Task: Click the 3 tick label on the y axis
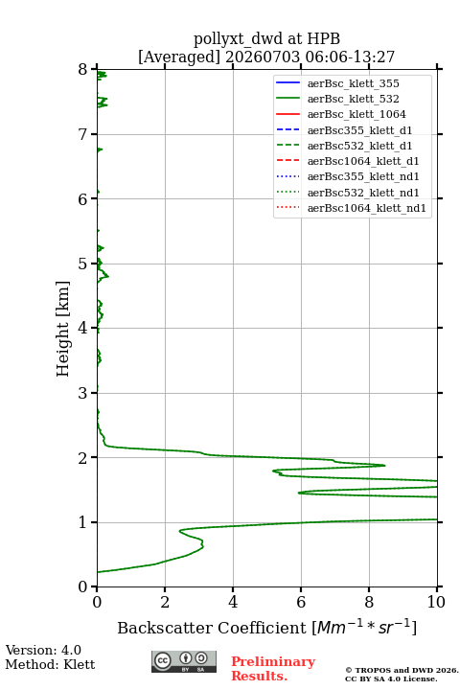[x=83, y=393]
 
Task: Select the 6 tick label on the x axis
[x=301, y=602]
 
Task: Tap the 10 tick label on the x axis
[x=436, y=602]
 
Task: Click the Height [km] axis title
[x=63, y=329]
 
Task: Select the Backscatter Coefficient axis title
[x=266, y=628]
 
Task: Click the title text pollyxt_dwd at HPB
[x=266, y=38]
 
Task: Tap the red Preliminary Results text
[x=273, y=669]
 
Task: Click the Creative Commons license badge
[x=184, y=662]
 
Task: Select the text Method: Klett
[x=50, y=664]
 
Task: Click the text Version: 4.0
[x=43, y=650]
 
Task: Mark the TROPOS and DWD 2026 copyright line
[x=402, y=670]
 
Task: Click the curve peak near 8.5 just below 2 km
[x=384, y=465]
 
